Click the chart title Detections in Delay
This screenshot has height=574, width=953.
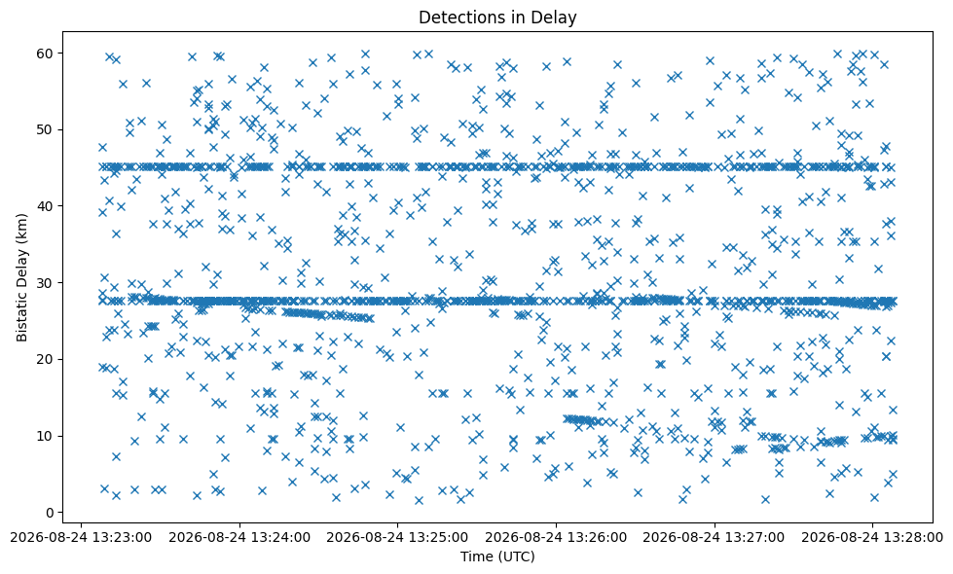(x=497, y=18)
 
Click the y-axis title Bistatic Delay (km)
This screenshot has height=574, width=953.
(x=21, y=277)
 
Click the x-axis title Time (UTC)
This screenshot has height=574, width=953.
(x=497, y=556)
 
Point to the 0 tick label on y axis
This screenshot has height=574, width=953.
(x=50, y=513)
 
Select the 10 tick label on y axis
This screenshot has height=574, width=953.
(x=46, y=436)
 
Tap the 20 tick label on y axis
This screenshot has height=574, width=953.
(x=46, y=360)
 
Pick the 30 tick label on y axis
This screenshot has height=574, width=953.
(x=46, y=283)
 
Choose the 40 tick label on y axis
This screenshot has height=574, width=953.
(x=46, y=206)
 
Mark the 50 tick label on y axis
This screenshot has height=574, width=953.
(x=46, y=130)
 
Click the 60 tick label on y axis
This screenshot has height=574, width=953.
(x=46, y=54)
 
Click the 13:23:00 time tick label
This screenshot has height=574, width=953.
(x=81, y=538)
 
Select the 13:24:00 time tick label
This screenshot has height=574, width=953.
(x=239, y=538)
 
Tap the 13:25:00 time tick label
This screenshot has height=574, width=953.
(x=397, y=538)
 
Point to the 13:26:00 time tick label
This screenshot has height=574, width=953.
(x=556, y=538)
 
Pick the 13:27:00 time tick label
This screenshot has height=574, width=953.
(x=715, y=538)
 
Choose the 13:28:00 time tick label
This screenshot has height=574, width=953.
(x=872, y=538)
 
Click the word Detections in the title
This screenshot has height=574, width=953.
(x=458, y=18)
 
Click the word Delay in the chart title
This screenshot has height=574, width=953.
(x=557, y=18)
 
